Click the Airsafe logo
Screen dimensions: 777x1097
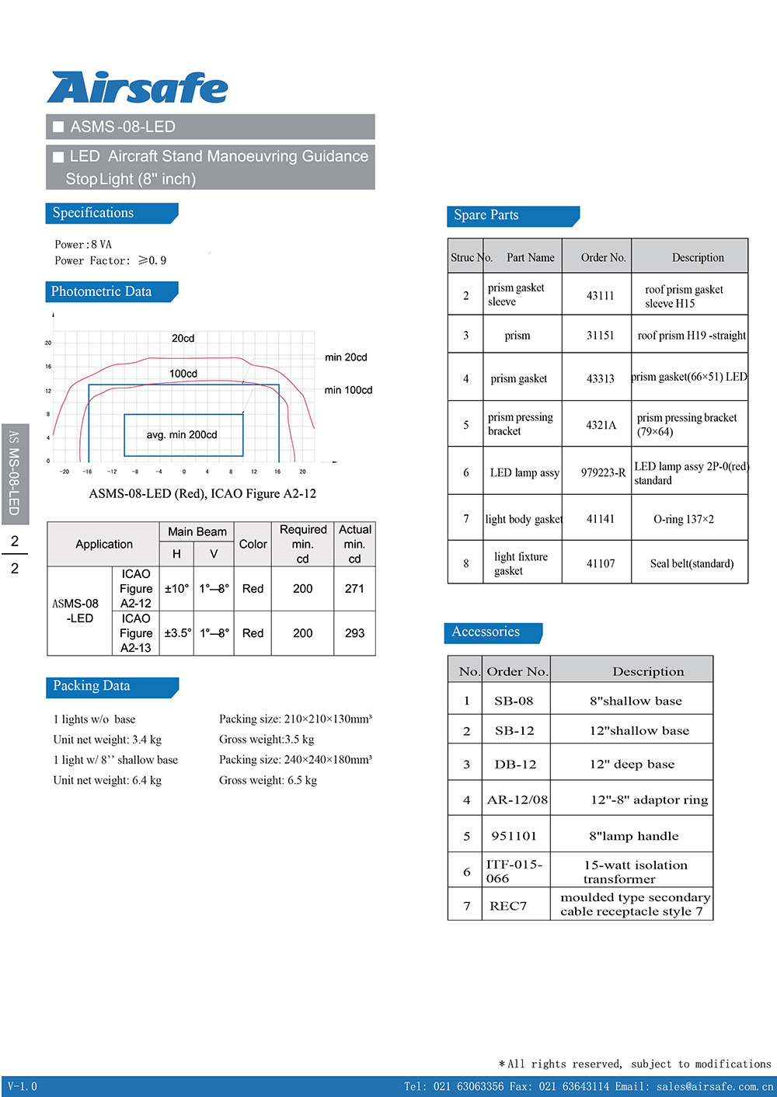[138, 88]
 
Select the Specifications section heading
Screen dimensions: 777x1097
[93, 213]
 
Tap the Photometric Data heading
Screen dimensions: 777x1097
[101, 292]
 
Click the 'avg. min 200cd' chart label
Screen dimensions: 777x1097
[182, 435]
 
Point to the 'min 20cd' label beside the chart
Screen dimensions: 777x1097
[346, 357]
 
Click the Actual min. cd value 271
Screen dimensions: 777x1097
[354, 589]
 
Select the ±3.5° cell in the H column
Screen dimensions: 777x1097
[177, 633]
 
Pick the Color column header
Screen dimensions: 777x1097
[253, 544]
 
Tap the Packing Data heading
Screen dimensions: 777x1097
[92, 686]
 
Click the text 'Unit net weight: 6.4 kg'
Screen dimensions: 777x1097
[107, 780]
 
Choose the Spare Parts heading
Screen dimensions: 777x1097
[486, 215]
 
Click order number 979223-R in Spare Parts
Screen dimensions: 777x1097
[603, 472]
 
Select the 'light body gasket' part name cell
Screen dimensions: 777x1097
[524, 519]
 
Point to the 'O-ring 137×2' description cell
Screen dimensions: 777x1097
[684, 519]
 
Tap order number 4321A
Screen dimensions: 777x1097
[601, 425]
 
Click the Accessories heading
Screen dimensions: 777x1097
[486, 632]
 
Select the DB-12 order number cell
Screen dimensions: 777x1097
[515, 764]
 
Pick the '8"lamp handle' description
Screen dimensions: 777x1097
[633, 836]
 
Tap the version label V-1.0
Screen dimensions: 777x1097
[23, 1086]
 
